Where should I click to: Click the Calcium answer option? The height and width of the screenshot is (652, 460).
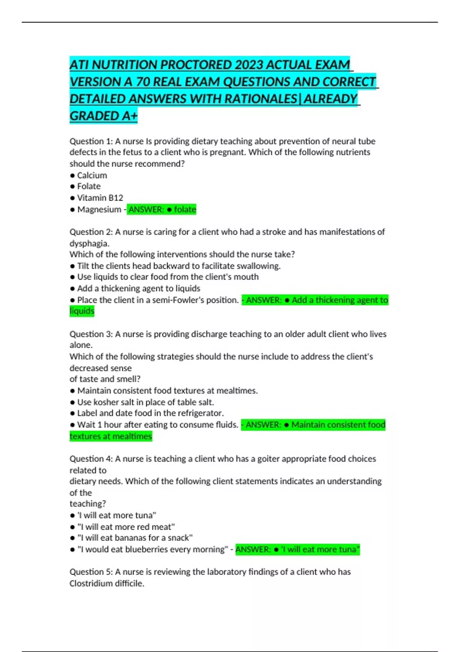(x=92, y=175)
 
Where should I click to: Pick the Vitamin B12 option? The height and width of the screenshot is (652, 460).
(x=100, y=198)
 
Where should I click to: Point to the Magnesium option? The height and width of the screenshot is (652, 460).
(x=99, y=209)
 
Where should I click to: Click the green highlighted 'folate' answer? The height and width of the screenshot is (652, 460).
(x=185, y=209)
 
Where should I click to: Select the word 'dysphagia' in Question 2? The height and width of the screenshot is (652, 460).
(x=89, y=243)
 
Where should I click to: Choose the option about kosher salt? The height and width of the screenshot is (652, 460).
(x=145, y=402)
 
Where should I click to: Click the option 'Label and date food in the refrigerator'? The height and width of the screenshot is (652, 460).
(x=150, y=413)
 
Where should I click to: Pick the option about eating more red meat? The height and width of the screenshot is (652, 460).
(x=126, y=527)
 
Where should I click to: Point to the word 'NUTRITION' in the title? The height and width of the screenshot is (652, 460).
(x=124, y=65)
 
